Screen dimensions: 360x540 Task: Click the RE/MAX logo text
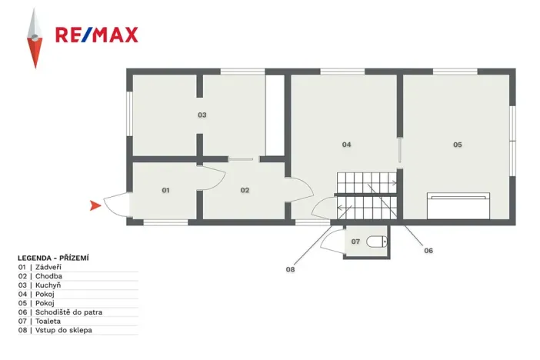pos(96,35)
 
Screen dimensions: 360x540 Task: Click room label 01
pos(165,189)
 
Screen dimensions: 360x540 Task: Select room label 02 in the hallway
pos(245,189)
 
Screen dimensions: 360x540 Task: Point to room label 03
pos(202,115)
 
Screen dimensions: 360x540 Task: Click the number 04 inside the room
pos(347,144)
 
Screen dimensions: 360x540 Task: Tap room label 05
pos(457,144)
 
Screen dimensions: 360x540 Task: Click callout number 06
pos(428,251)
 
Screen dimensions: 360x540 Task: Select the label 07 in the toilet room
pos(355,242)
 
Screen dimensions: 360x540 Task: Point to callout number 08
pos(290,269)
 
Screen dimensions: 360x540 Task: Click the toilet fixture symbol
pos(376,242)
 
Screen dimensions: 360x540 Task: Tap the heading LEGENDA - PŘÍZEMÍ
pos(54,258)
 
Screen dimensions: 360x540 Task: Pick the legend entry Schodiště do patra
pos(68,312)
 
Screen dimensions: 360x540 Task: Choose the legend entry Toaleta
pos(48,322)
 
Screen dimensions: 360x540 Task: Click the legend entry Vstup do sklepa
pos(63,331)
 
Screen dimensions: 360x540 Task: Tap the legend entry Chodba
pos(48,275)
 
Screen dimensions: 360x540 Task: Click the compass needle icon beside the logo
pos(33,38)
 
